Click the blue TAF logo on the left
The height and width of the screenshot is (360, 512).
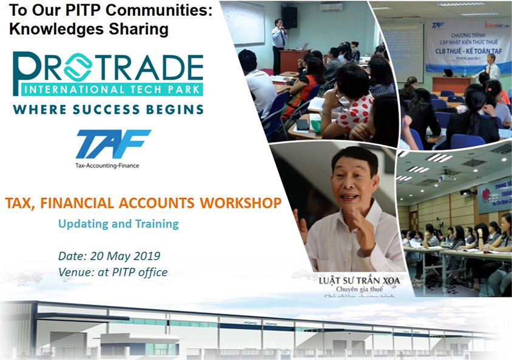click(113, 144)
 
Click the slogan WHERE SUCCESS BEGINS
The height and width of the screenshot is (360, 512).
click(108, 110)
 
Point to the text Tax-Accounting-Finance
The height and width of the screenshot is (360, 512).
click(107, 165)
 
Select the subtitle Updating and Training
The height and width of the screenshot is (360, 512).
click(118, 223)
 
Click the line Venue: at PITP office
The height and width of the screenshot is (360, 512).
click(113, 272)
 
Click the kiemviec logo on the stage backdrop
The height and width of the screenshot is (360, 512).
click(495, 26)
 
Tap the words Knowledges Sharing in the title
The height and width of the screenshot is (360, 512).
click(88, 30)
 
